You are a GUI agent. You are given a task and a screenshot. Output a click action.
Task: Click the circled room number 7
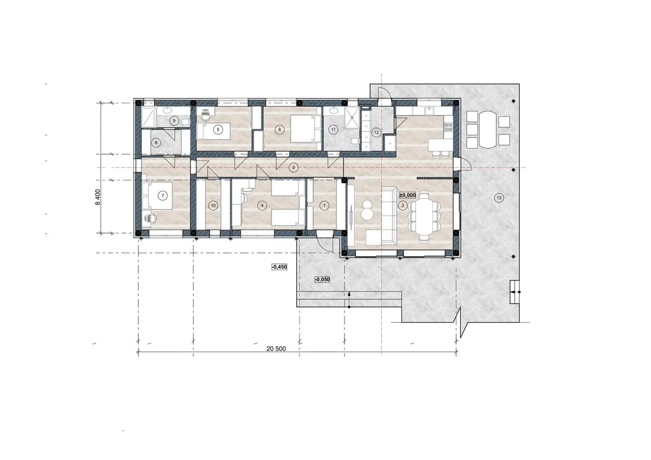pos(162,196)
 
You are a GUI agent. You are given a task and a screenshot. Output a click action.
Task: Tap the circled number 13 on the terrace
pos(499,198)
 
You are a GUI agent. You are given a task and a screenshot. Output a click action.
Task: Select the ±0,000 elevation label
pos(407,195)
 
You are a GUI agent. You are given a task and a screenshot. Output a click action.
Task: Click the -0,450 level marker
pos(279,267)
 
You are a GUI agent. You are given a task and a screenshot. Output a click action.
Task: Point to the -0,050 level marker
pos(322,280)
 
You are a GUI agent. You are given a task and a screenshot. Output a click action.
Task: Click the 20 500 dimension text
pos(276,348)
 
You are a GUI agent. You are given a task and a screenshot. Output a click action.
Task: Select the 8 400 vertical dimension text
pos(98,197)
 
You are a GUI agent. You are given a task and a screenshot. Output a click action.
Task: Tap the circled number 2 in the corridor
pos(293,167)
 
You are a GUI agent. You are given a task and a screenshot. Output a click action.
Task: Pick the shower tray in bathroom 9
pos(149,116)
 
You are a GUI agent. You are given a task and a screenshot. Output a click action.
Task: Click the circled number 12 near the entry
pos(376,133)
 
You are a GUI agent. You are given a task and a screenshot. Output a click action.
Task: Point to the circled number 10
pos(213,205)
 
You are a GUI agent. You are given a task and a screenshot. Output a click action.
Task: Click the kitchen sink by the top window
pos(428,111)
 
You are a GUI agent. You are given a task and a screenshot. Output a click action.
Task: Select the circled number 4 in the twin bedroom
pos(262,205)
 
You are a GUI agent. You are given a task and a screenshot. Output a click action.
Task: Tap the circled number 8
pos(156,142)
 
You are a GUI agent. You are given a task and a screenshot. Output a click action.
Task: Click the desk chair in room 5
pos(206,114)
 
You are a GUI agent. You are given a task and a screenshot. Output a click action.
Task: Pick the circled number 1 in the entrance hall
pos(324,205)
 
